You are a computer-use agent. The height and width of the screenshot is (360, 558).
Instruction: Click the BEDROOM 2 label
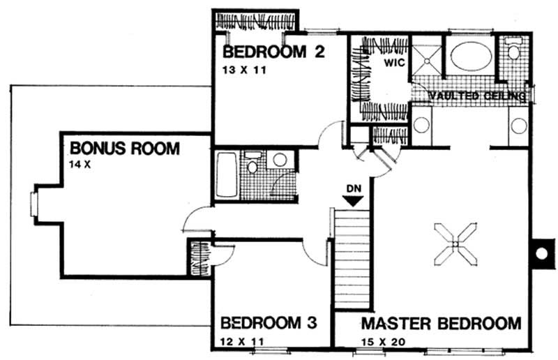pos(274,52)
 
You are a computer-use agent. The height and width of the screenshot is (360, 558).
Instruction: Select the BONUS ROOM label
pos(125,148)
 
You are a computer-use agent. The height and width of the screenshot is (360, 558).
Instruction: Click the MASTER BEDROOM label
pos(441,323)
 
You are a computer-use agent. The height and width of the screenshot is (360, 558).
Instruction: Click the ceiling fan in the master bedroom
pos(455,244)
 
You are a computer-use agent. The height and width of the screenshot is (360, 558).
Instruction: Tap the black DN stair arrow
pos(354,200)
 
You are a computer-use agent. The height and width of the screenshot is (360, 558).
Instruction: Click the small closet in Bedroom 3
pos(199,257)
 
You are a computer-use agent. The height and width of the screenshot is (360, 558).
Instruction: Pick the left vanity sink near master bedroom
pos(422,126)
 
